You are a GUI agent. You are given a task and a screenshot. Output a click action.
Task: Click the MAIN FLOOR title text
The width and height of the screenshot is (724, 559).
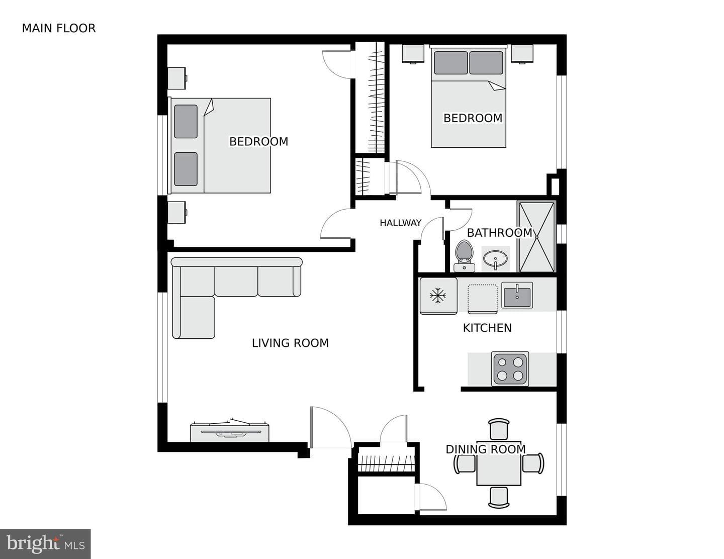[59, 28]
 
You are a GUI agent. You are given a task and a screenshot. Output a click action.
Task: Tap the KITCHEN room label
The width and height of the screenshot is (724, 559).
[487, 328]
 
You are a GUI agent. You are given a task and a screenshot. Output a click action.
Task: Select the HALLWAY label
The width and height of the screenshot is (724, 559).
[401, 223]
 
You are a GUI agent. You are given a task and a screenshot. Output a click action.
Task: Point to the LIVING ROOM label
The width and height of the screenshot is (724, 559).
[290, 343]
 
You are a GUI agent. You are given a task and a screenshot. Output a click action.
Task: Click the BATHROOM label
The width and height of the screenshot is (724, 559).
[499, 233]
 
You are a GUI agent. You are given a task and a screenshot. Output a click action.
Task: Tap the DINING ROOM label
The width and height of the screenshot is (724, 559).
[486, 449]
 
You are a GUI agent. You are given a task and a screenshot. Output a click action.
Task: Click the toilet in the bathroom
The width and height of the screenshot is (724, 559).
[465, 256]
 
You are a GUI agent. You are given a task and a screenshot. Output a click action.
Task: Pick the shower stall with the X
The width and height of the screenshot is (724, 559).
[537, 237]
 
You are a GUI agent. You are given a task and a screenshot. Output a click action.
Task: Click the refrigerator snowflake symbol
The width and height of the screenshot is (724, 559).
[438, 296]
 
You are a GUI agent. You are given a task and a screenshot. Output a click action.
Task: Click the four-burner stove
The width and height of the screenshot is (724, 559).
[510, 369]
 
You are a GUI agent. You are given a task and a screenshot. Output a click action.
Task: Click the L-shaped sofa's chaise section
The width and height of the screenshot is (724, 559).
[194, 318]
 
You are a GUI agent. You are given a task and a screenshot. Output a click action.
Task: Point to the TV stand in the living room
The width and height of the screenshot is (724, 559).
[230, 432]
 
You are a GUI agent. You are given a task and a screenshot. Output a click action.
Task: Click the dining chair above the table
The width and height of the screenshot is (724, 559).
[499, 429]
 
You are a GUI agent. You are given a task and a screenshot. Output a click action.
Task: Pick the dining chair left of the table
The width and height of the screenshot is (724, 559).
[465, 463]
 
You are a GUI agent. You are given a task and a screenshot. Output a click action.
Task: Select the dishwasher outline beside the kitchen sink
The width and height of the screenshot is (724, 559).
[483, 299]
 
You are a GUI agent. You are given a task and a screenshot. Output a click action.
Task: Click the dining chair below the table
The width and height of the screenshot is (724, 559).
[499, 498]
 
